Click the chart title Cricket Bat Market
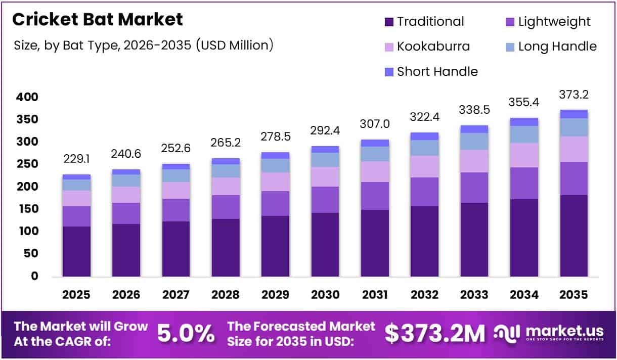coord(97,20)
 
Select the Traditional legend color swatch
coord(389,22)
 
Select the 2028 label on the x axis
coord(226,295)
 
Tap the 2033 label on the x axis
coord(474,295)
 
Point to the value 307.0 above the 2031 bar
coord(375,124)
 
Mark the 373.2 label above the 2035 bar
coord(574,95)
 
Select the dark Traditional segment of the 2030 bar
coord(325,245)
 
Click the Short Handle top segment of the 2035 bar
coord(574,114)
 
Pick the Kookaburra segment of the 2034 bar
coord(524,155)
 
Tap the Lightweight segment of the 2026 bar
coord(126,213)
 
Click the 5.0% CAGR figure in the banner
coord(186,333)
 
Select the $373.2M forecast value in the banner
coord(434,333)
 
